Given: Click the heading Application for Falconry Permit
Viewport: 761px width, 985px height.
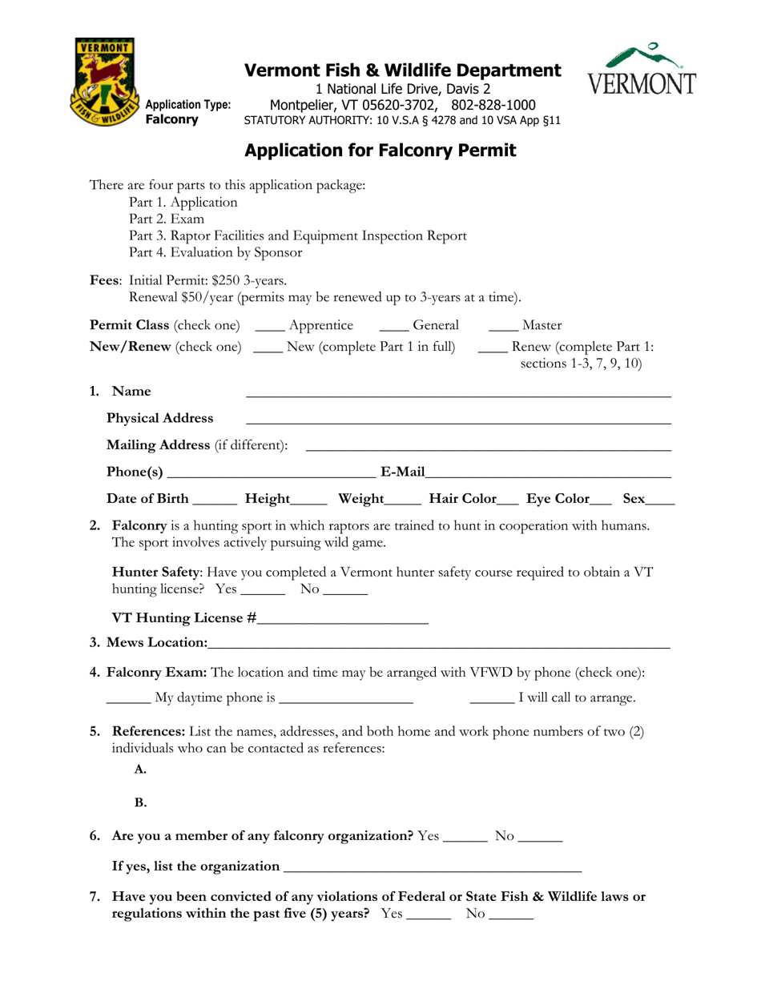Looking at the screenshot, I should coord(380,150).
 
